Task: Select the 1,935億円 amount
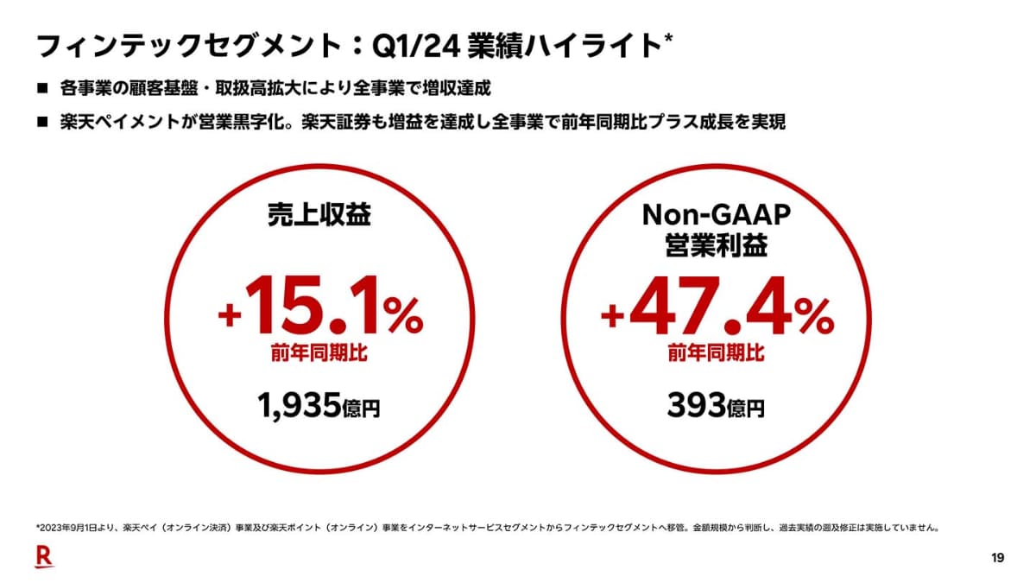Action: (x=319, y=406)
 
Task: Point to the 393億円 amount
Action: (x=716, y=406)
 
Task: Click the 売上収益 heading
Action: (x=319, y=215)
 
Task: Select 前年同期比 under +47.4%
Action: (x=716, y=353)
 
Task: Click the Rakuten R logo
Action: (x=44, y=557)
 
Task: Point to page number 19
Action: (x=997, y=558)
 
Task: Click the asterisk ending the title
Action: (x=668, y=39)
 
